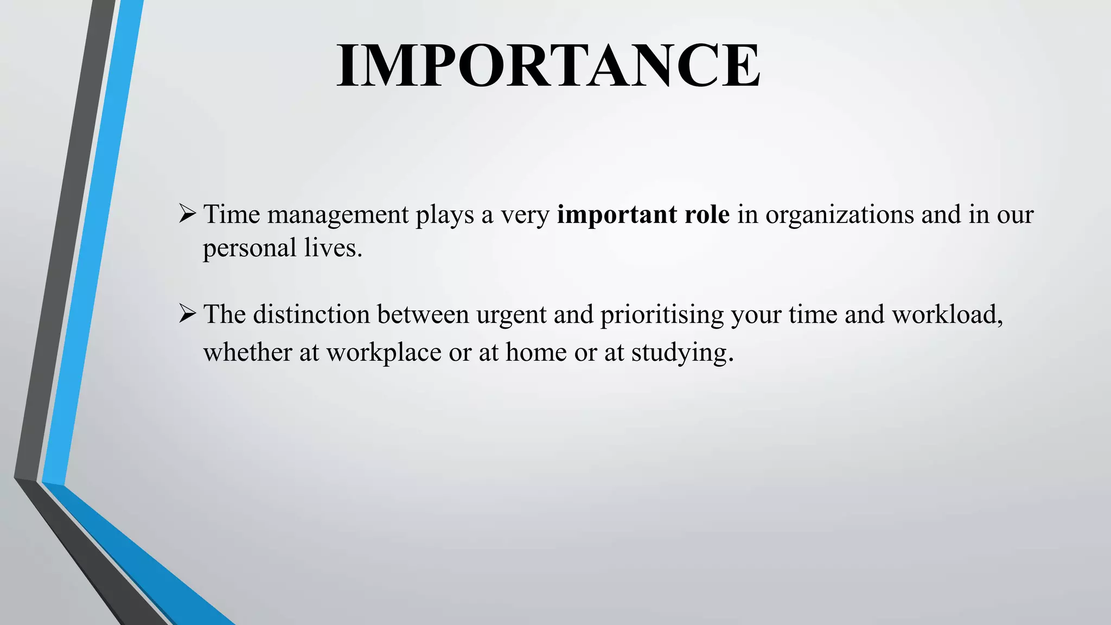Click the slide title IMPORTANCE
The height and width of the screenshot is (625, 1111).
[548, 66]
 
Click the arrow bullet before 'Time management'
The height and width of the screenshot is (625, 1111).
[187, 214]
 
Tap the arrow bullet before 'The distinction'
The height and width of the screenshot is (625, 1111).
[187, 314]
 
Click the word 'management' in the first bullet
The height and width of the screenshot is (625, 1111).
[337, 215]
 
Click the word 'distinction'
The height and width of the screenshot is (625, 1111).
[311, 315]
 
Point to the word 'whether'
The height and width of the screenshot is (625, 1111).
[248, 353]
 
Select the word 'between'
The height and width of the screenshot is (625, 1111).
[423, 315]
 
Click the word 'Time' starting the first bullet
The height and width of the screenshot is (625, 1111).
[232, 214]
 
